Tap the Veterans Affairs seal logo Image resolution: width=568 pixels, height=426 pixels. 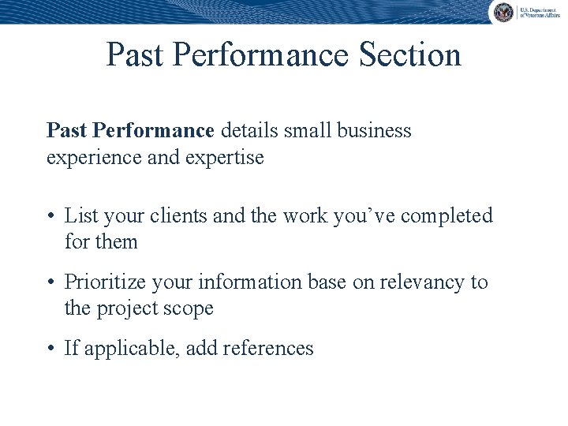[x=503, y=12]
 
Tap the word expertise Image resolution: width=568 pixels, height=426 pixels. [x=225, y=157]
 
